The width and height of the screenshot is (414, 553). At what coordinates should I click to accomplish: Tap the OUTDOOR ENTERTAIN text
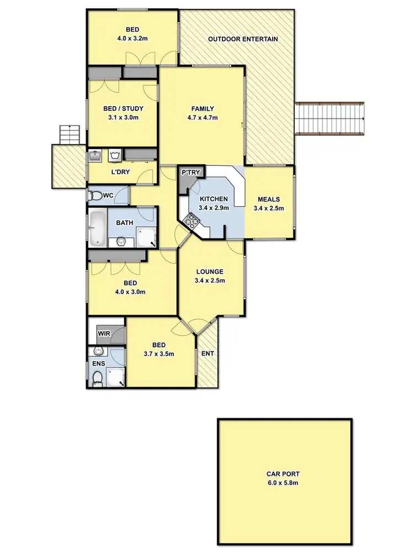242,39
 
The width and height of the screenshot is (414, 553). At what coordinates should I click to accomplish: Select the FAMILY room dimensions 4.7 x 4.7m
203,118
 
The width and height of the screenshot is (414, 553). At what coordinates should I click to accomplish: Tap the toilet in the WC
97,195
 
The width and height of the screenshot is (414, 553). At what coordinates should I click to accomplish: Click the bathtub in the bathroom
97,227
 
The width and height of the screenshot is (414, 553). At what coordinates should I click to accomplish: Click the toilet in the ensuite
98,378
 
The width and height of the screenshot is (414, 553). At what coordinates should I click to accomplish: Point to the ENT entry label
208,353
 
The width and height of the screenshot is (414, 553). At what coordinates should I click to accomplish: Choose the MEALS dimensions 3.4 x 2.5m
268,208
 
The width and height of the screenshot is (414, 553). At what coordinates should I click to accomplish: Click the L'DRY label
120,173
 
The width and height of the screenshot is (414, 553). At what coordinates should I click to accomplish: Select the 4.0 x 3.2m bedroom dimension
132,39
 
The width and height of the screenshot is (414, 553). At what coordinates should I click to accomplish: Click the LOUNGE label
210,272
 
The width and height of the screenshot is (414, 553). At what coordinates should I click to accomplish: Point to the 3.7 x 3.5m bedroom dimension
160,354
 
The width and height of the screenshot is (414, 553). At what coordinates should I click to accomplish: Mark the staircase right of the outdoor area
330,118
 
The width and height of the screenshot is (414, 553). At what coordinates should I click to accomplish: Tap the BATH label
124,223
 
